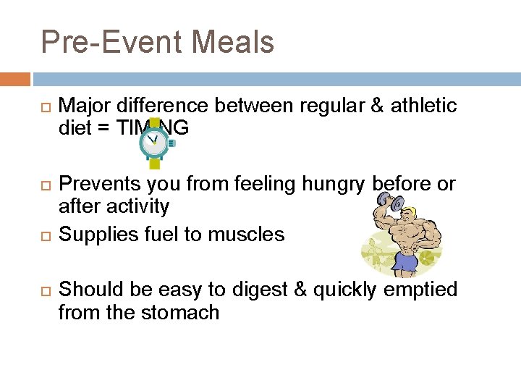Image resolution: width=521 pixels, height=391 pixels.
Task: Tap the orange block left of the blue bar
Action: [14, 79]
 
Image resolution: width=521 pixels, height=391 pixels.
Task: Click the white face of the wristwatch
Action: [153, 143]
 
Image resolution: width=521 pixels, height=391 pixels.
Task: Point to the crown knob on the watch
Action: [171, 143]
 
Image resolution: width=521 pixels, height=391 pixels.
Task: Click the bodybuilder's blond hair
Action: [409, 211]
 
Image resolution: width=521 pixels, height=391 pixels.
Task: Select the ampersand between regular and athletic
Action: [376, 106]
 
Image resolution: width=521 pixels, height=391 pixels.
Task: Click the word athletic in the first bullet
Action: [424, 106]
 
